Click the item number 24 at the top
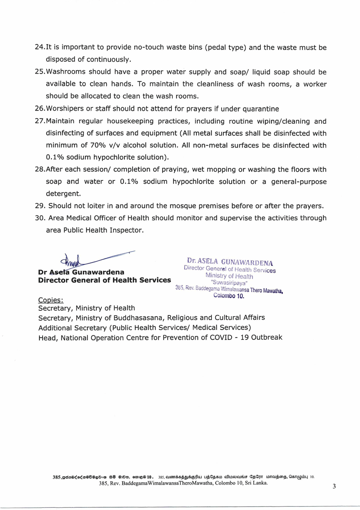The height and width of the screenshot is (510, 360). [x=39, y=47]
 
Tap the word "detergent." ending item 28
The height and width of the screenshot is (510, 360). [x=63, y=193]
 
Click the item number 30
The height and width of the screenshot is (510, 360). [x=39, y=218]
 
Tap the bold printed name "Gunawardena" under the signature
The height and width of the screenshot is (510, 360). [x=98, y=272]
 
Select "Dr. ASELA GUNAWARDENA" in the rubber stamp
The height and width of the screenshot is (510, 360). [x=230, y=261]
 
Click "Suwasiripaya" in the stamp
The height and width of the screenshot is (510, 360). [x=229, y=283]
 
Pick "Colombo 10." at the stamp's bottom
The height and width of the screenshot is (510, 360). [x=229, y=296]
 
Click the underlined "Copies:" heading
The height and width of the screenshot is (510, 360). [x=51, y=300]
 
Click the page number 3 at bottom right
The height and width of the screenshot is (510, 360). [x=334, y=486]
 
